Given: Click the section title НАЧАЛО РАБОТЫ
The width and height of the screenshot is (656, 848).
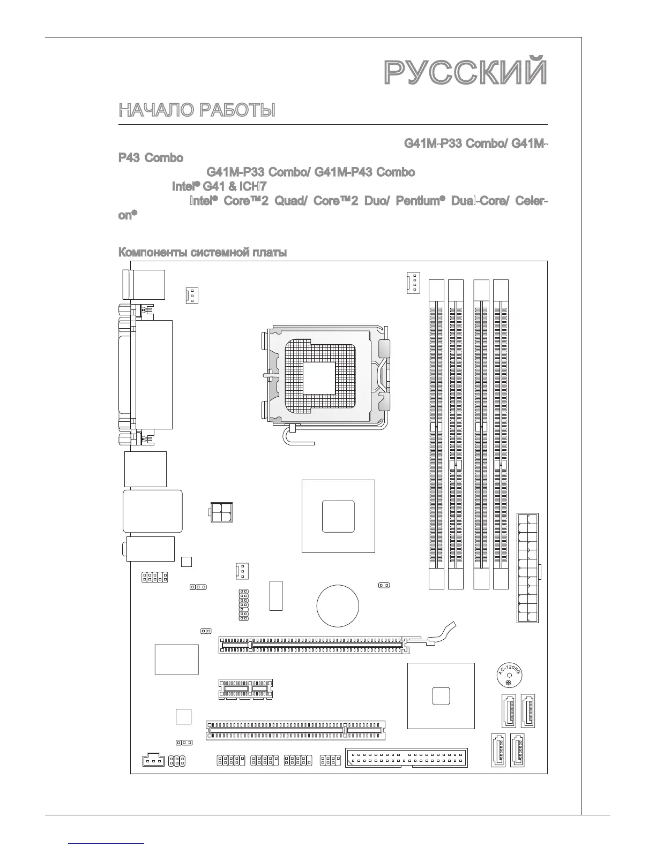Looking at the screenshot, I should pos(197,110).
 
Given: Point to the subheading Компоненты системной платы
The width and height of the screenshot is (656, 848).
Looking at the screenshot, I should pos(202,252).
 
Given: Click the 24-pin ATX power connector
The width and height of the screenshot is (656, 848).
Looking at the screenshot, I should pos(527,567).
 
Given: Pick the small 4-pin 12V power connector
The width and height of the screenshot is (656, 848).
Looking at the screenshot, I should pos(220,511).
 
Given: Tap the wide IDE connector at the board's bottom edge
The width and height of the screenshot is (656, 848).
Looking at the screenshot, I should pos(407,759).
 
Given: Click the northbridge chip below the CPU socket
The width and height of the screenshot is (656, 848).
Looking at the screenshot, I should pos(338,516).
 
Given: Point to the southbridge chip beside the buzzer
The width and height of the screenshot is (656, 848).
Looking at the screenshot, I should pos(441,696).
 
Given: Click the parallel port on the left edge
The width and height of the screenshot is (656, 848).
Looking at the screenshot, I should pos(153,375).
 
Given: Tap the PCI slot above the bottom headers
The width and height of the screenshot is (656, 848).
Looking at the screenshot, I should pos(295,729).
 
